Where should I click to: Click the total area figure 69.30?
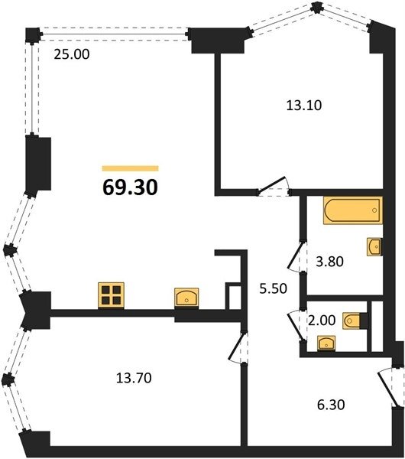(x=131, y=187)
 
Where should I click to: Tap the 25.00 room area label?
(x=72, y=54)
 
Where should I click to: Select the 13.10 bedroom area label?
(x=304, y=106)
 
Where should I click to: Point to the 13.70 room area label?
(x=134, y=378)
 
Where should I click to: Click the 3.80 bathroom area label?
(x=330, y=262)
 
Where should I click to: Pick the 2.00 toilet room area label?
(x=322, y=321)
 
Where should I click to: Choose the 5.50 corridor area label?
(x=274, y=288)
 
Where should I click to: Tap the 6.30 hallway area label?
(x=331, y=405)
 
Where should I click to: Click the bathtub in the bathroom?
(x=353, y=210)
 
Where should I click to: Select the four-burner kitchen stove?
(x=111, y=295)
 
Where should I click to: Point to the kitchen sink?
(x=186, y=298)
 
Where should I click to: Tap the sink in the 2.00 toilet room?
(x=326, y=343)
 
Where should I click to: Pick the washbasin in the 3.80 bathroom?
(x=374, y=247)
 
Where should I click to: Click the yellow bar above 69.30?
(x=131, y=168)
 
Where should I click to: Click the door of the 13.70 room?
(x=238, y=347)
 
